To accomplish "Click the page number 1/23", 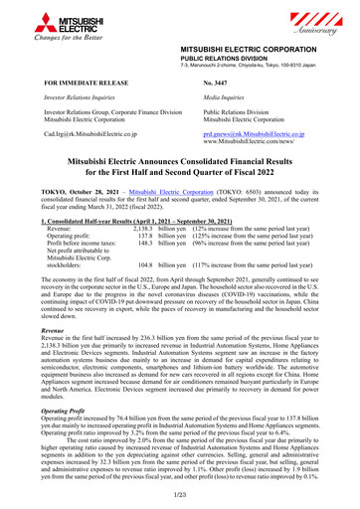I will tap(180, 494).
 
